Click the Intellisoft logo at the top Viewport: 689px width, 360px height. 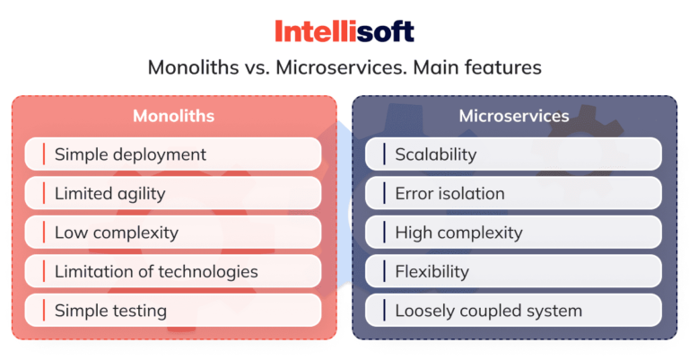pyautogui.click(x=344, y=32)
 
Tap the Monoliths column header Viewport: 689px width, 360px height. pyautogui.click(x=173, y=116)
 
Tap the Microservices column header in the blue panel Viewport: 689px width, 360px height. pyautogui.click(x=514, y=116)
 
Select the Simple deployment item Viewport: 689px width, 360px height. pyautogui.click(x=130, y=154)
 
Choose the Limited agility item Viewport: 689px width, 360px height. pyautogui.click(x=109, y=193)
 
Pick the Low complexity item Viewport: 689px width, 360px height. pyautogui.click(x=116, y=233)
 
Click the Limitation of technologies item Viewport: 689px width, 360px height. pyautogui.click(x=156, y=271)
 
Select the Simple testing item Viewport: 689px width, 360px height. pyautogui.click(x=110, y=311)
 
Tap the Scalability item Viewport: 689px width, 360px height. pyautogui.click(x=436, y=154)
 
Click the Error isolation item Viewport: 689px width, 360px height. pyautogui.click(x=449, y=193)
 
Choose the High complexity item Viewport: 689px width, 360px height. pyautogui.click(x=458, y=233)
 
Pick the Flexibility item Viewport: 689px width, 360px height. pyautogui.click(x=432, y=271)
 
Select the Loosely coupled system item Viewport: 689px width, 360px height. pyautogui.click(x=489, y=311)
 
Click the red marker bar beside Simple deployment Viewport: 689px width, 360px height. pyautogui.click(x=43, y=154)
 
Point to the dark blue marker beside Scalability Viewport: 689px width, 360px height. pyautogui.click(x=384, y=154)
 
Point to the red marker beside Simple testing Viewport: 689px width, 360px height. pyautogui.click(x=43, y=311)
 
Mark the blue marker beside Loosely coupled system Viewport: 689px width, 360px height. pyautogui.click(x=384, y=311)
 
